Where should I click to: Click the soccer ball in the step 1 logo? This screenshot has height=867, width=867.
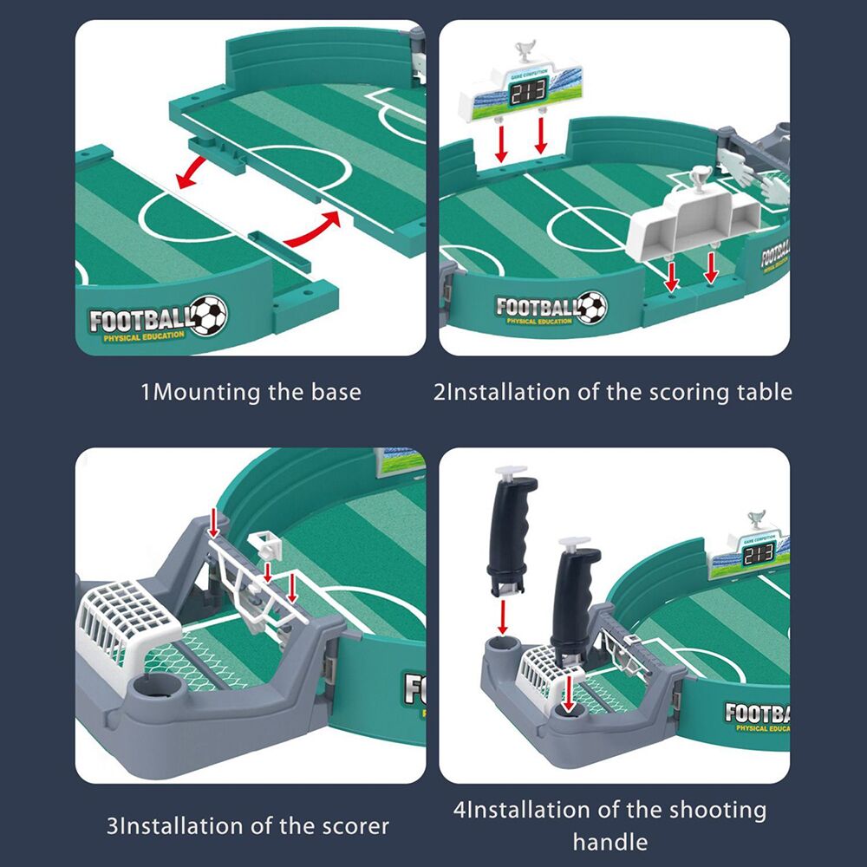tap(208, 316)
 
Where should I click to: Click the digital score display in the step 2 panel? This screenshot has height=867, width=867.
tap(528, 96)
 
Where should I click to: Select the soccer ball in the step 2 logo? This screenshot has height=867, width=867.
tap(592, 307)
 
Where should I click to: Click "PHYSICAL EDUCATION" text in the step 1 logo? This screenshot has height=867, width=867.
tap(144, 336)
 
